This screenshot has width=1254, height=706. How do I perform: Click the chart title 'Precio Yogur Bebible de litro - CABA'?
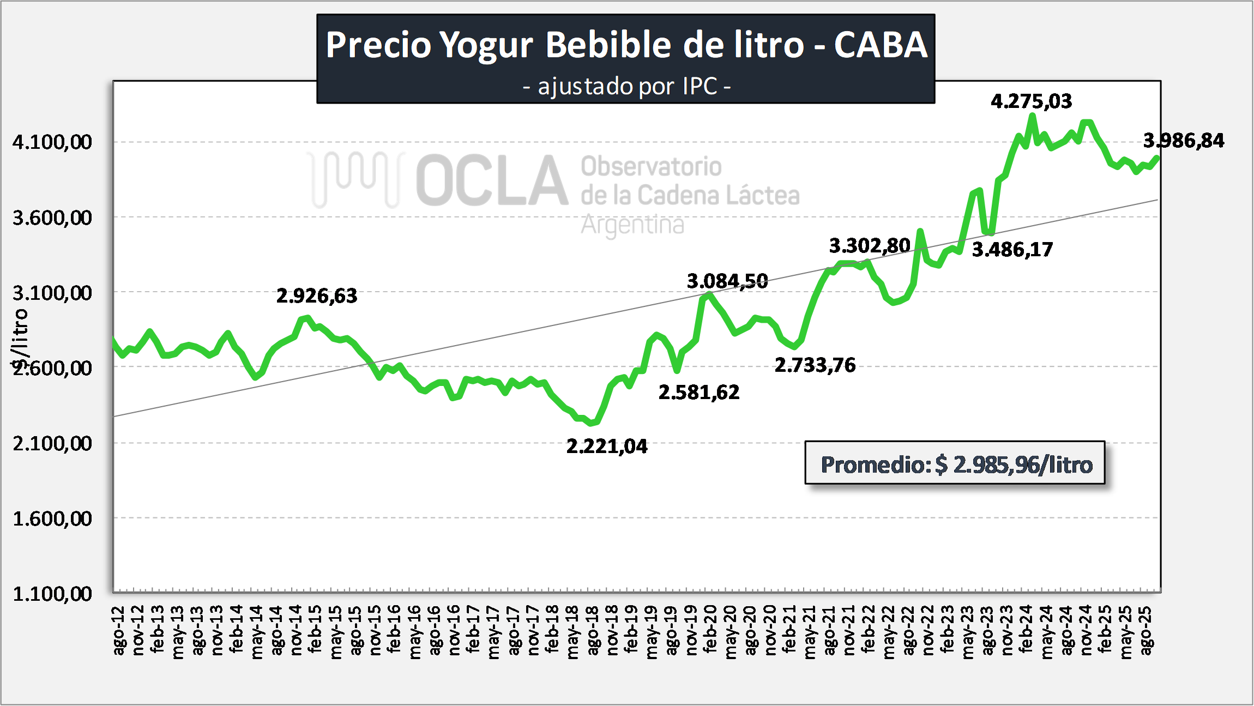[x=626, y=45]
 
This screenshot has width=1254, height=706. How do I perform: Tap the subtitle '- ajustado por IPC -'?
[x=626, y=87]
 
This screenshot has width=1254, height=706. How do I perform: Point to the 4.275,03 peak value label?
[x=1031, y=101]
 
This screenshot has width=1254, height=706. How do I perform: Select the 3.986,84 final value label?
[x=1183, y=141]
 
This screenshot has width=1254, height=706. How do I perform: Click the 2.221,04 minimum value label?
[x=607, y=446]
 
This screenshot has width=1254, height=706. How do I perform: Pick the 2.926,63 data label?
[x=316, y=296]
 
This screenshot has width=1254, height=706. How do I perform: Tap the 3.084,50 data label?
[x=727, y=281]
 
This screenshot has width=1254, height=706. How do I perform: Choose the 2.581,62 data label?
[x=698, y=393]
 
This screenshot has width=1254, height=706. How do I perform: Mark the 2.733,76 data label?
[x=815, y=365]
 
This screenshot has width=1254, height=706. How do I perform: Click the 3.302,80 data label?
[x=869, y=246]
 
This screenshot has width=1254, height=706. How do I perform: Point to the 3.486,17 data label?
[x=1012, y=250]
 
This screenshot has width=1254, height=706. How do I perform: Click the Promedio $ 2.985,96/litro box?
[x=955, y=464]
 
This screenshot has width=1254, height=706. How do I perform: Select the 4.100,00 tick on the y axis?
[x=52, y=142]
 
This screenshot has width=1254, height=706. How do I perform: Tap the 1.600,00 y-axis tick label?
[x=52, y=518]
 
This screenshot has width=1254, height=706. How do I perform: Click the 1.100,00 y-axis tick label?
[x=52, y=594]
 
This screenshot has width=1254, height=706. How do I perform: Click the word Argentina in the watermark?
[x=632, y=225]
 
